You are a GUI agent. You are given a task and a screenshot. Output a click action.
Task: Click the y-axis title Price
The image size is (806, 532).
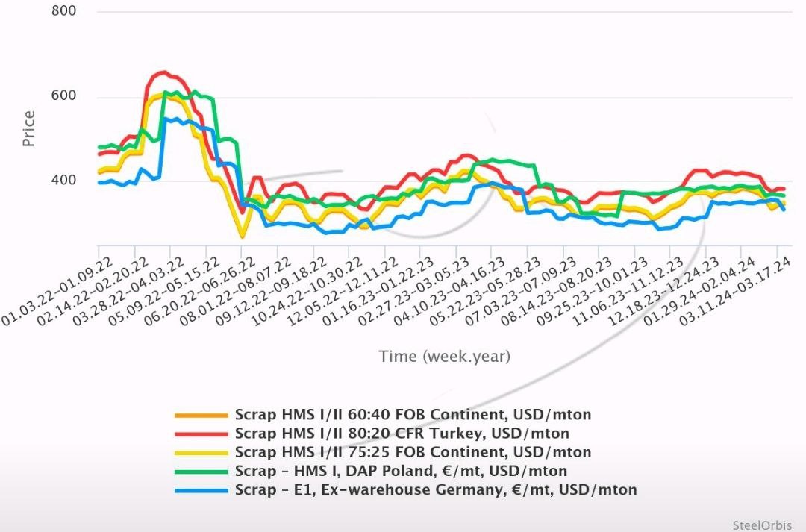point(28,128)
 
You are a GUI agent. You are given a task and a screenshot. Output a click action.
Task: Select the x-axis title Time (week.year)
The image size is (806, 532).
point(445,357)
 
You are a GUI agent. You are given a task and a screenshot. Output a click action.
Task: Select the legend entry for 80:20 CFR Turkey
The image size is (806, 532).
point(402,433)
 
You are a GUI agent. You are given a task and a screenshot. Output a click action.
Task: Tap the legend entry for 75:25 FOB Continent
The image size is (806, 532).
point(413,452)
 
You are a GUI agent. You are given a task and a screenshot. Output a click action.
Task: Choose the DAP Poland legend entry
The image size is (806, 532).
point(401,471)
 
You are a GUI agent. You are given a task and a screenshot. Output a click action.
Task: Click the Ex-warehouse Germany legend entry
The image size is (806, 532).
point(436,489)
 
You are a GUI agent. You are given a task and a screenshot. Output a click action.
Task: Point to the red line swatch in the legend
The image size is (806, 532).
point(201,434)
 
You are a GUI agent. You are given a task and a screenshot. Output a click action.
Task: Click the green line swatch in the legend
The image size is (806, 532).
point(201,472)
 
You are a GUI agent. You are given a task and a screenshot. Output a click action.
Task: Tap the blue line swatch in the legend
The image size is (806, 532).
point(201,490)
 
